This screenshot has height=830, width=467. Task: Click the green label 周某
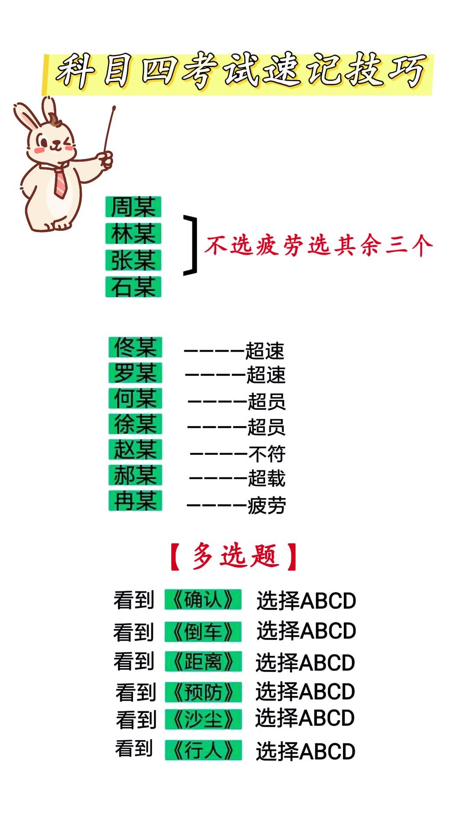[133, 207]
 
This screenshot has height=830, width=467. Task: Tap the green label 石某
[133, 287]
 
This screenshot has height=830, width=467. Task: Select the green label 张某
[133, 260]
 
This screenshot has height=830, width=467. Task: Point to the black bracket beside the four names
[190, 245]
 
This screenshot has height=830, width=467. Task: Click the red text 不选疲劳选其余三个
[319, 246]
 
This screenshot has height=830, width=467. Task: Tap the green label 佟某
[135, 347]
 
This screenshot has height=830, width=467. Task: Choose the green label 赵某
[135, 449]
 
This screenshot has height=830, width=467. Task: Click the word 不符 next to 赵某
[267, 454]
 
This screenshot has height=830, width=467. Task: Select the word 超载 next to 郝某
[266, 479]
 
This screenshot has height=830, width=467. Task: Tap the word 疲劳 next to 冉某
[266, 505]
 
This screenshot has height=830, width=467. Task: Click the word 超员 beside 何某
[266, 402]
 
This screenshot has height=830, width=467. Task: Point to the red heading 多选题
[234, 556]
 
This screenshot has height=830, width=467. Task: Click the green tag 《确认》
[203, 600]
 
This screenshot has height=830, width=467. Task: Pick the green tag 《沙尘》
[203, 719]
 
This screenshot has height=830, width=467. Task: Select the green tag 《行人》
[203, 750]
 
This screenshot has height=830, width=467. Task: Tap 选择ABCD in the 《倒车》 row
[306, 631]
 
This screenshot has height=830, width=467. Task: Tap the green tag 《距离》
[203, 662]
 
